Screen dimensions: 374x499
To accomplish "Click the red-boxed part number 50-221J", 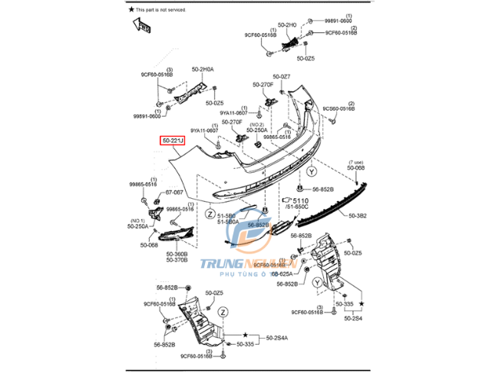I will coord(173,141).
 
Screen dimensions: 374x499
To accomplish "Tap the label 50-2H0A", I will coord(203,69).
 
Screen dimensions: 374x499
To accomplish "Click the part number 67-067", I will coord(174,192).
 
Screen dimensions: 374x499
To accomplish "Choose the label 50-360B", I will coord(176,253).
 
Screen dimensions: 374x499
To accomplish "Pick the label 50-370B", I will coord(176,260).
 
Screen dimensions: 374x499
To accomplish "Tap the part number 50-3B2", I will coord(359,216).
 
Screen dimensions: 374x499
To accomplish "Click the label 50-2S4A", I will coord(278,337).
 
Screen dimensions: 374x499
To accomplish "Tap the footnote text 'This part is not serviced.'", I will coord(168,8).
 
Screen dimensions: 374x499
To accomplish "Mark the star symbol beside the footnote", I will coord(131,8).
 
